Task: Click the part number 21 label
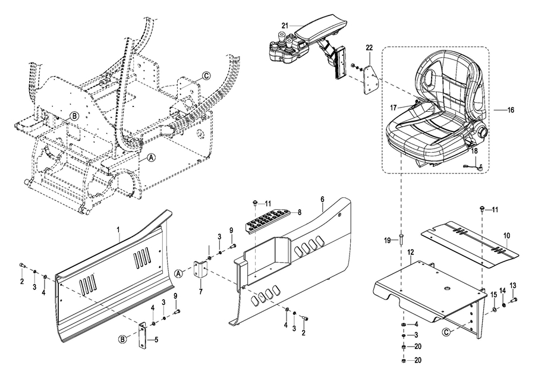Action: tap(285, 26)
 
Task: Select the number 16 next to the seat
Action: tap(511, 110)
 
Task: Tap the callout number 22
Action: tap(370, 48)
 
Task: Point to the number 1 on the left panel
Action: tap(118, 229)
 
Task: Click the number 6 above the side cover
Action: tap(322, 199)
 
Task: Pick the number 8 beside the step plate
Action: tap(299, 212)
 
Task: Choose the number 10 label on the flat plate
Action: tap(506, 236)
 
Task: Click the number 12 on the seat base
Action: tap(411, 252)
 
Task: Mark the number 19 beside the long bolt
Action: tap(387, 241)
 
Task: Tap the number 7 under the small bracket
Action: tap(201, 291)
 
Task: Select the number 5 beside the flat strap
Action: tap(156, 340)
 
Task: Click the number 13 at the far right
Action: tap(513, 285)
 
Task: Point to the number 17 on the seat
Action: tap(394, 108)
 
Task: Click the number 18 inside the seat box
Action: tap(474, 151)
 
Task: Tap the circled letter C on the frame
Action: tap(206, 76)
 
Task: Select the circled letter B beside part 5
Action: tap(122, 339)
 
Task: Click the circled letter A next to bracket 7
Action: tap(178, 273)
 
